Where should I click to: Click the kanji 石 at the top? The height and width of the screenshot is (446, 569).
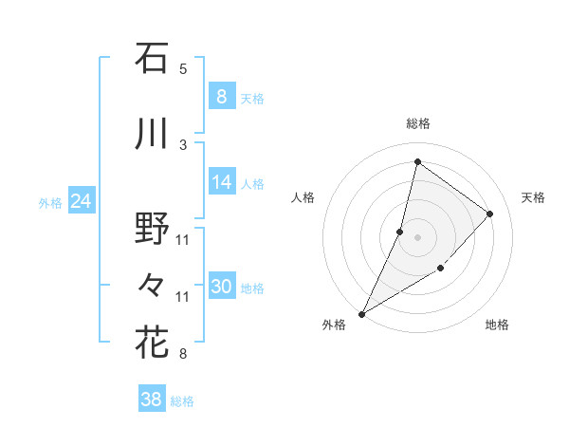[152, 59]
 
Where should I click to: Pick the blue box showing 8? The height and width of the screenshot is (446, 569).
[221, 97]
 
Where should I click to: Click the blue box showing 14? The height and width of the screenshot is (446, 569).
[222, 182]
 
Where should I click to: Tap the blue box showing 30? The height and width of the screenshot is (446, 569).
[222, 288]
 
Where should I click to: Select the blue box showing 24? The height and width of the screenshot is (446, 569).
[81, 201]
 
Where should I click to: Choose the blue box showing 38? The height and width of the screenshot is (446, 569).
[152, 400]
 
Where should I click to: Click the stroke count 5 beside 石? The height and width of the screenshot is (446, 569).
[183, 68]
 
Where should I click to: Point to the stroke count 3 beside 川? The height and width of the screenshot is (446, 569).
[183, 144]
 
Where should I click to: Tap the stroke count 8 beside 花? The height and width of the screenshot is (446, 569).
[183, 354]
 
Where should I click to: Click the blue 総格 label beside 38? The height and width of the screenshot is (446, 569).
[182, 401]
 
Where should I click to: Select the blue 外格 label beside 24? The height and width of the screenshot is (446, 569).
[50, 202]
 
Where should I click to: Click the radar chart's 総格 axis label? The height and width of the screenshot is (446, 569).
[418, 123]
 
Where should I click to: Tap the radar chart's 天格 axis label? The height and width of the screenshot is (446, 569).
[533, 197]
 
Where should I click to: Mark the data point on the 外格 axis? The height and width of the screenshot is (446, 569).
[361, 313]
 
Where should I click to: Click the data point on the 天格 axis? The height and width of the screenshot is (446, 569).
[490, 214]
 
